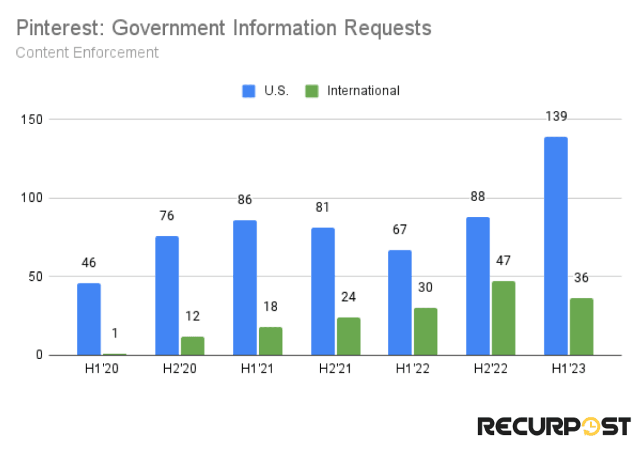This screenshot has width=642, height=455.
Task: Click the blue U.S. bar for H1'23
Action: tap(555, 246)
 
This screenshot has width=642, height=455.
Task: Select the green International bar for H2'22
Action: tap(503, 318)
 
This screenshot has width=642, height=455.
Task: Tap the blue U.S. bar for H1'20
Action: tap(88, 319)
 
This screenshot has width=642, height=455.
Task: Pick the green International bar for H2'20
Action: tap(192, 345)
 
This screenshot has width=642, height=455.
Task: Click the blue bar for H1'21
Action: tap(245, 288)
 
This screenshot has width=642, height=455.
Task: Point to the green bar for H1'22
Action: tap(425, 331)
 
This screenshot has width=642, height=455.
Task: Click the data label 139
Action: tap(555, 117)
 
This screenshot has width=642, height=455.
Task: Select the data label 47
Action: tap(503, 261)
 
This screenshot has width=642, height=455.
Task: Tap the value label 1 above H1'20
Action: tap(115, 333)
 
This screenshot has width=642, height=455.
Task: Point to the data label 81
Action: tap(322, 207)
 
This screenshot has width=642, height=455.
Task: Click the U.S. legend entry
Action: tap(265, 91)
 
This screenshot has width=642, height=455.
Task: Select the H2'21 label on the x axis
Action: tap(335, 369)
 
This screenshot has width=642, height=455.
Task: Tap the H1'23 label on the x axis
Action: tap(568, 369)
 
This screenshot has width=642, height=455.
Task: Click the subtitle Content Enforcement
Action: tap(87, 52)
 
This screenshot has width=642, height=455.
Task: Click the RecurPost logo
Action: tap(554, 426)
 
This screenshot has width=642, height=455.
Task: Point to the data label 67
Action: tap(399, 230)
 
